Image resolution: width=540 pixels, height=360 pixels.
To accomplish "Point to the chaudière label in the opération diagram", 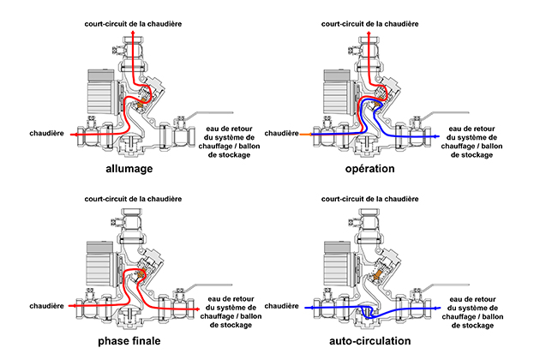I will [x=283, y=134].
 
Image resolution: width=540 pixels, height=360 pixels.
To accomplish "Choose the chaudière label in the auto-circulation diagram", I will [x=283, y=306].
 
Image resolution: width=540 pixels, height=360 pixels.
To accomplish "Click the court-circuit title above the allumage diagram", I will [x=132, y=19].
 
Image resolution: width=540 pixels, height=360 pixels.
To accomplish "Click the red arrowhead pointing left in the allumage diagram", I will [x=75, y=135].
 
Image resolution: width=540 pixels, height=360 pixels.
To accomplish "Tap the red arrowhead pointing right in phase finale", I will [x=200, y=306].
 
